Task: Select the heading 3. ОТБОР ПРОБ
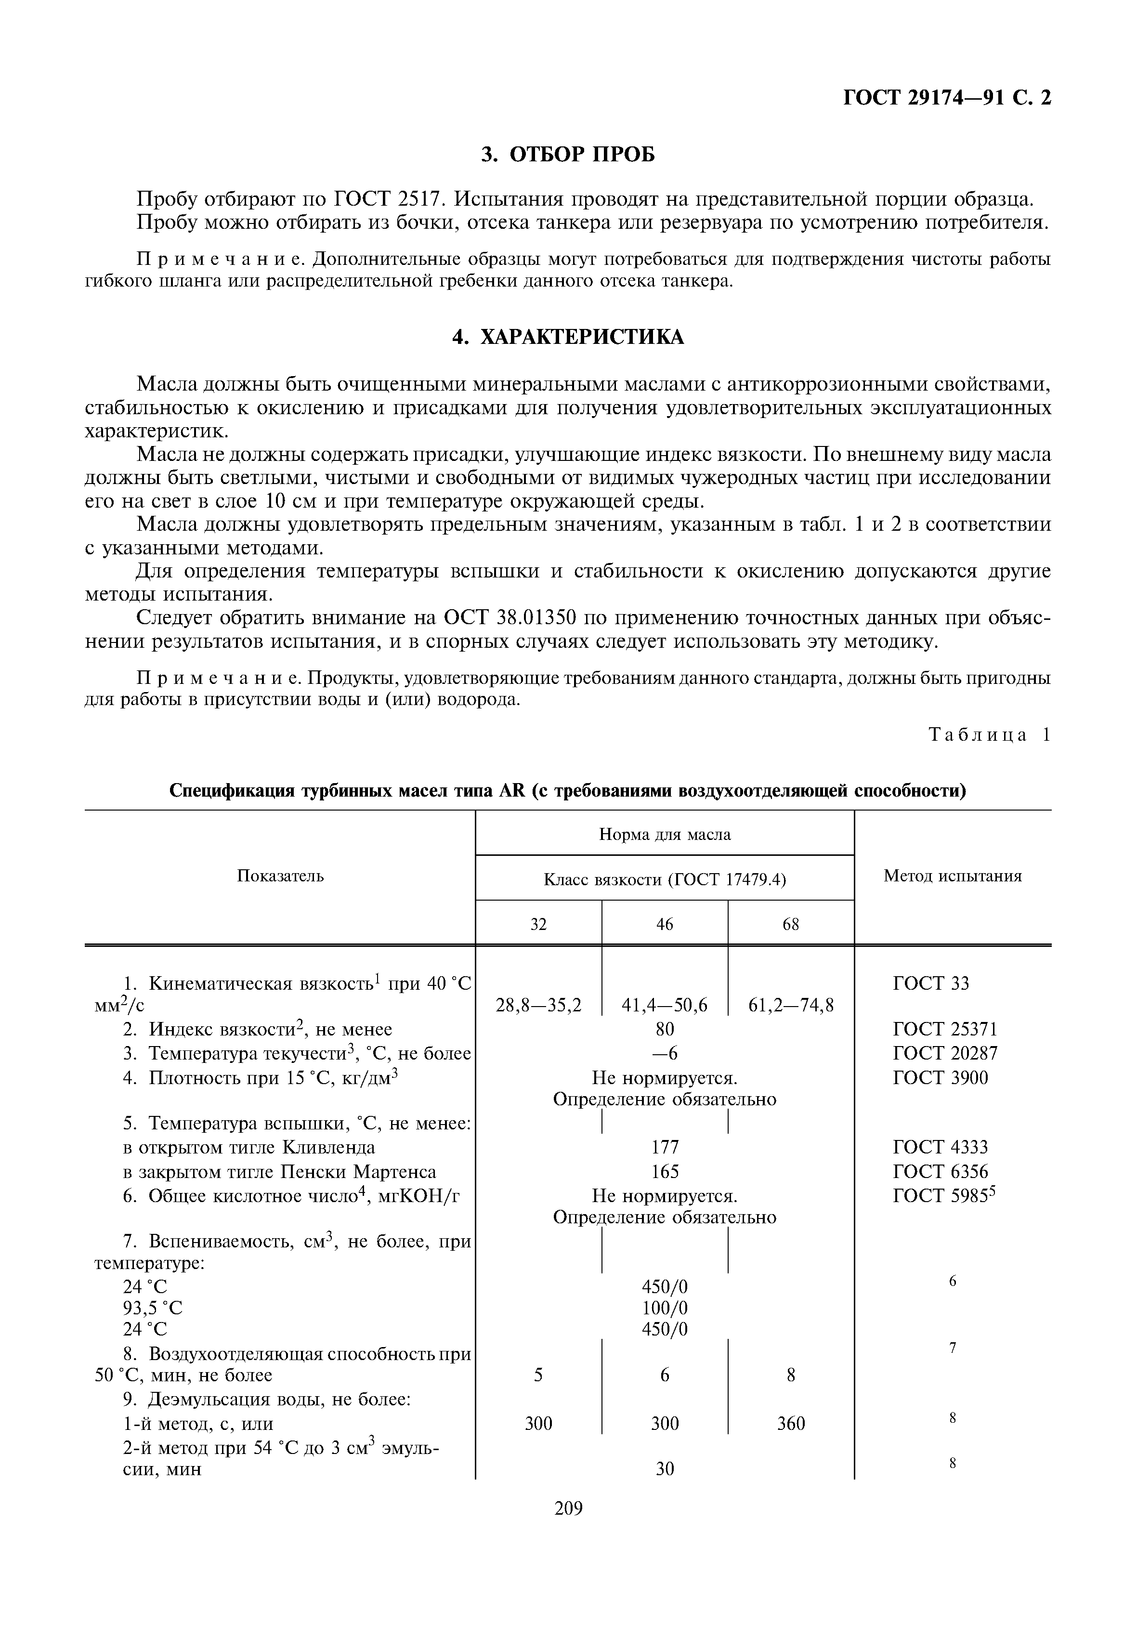click(568, 154)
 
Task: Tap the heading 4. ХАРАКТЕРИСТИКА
click(568, 337)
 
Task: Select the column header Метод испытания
click(953, 877)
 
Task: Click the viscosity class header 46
click(664, 924)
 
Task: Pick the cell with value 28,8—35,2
click(538, 1005)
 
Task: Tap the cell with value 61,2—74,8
click(791, 1005)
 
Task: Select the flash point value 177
click(665, 1147)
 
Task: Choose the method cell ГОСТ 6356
click(941, 1172)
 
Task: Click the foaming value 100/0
click(665, 1308)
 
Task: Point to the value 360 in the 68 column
click(791, 1424)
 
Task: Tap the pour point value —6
click(665, 1054)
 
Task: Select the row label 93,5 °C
click(153, 1308)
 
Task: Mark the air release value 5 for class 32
click(538, 1375)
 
